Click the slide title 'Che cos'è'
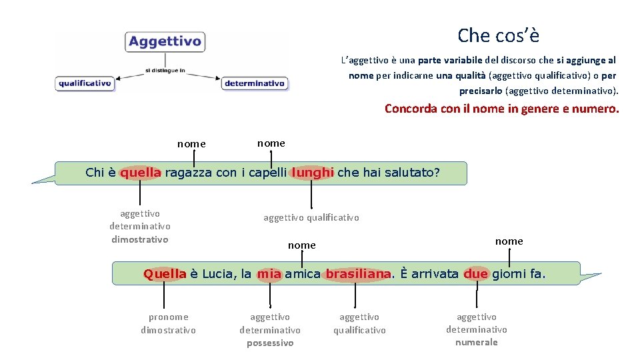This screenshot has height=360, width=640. [x=498, y=35]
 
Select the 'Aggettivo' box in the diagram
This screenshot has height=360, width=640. [x=165, y=41]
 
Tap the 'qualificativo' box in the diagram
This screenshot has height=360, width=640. [x=85, y=83]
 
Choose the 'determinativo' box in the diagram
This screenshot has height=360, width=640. [x=255, y=83]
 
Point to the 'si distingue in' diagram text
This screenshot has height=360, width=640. [x=165, y=69]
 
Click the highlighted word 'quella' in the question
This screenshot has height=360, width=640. [x=141, y=173]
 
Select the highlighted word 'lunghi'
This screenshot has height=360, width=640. [x=312, y=173]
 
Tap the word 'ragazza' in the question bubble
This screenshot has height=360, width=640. [x=188, y=173]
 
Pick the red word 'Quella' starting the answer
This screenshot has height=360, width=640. [x=165, y=273]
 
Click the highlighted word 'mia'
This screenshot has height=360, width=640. [x=269, y=273]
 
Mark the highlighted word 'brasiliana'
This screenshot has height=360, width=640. [x=357, y=273]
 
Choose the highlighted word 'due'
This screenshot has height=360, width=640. [x=476, y=273]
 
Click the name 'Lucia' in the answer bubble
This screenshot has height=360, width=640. [x=217, y=273]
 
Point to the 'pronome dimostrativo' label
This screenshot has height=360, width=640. [x=168, y=323]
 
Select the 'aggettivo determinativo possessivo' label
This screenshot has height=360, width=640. [x=270, y=330]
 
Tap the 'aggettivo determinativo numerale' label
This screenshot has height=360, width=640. [x=477, y=329]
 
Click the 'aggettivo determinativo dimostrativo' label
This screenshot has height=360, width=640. [x=140, y=227]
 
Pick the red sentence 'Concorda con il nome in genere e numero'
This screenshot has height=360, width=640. [x=501, y=108]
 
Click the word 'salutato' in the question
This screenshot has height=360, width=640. [x=411, y=173]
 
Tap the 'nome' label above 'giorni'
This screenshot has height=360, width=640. [x=509, y=241]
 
